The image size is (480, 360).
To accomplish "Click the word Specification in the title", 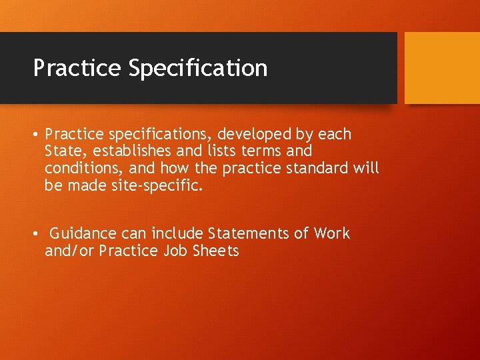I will pos(199,68).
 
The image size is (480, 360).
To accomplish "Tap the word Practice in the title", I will pos(77,68).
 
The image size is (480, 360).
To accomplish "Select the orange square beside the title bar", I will pos(442,67).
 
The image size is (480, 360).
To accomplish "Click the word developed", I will pos(231,134).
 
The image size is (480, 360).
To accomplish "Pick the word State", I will pos(63,151).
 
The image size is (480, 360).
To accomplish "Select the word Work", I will pos(331,233).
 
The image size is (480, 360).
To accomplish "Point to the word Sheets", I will pos(216,251).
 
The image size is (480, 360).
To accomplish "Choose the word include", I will pos(177,233).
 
